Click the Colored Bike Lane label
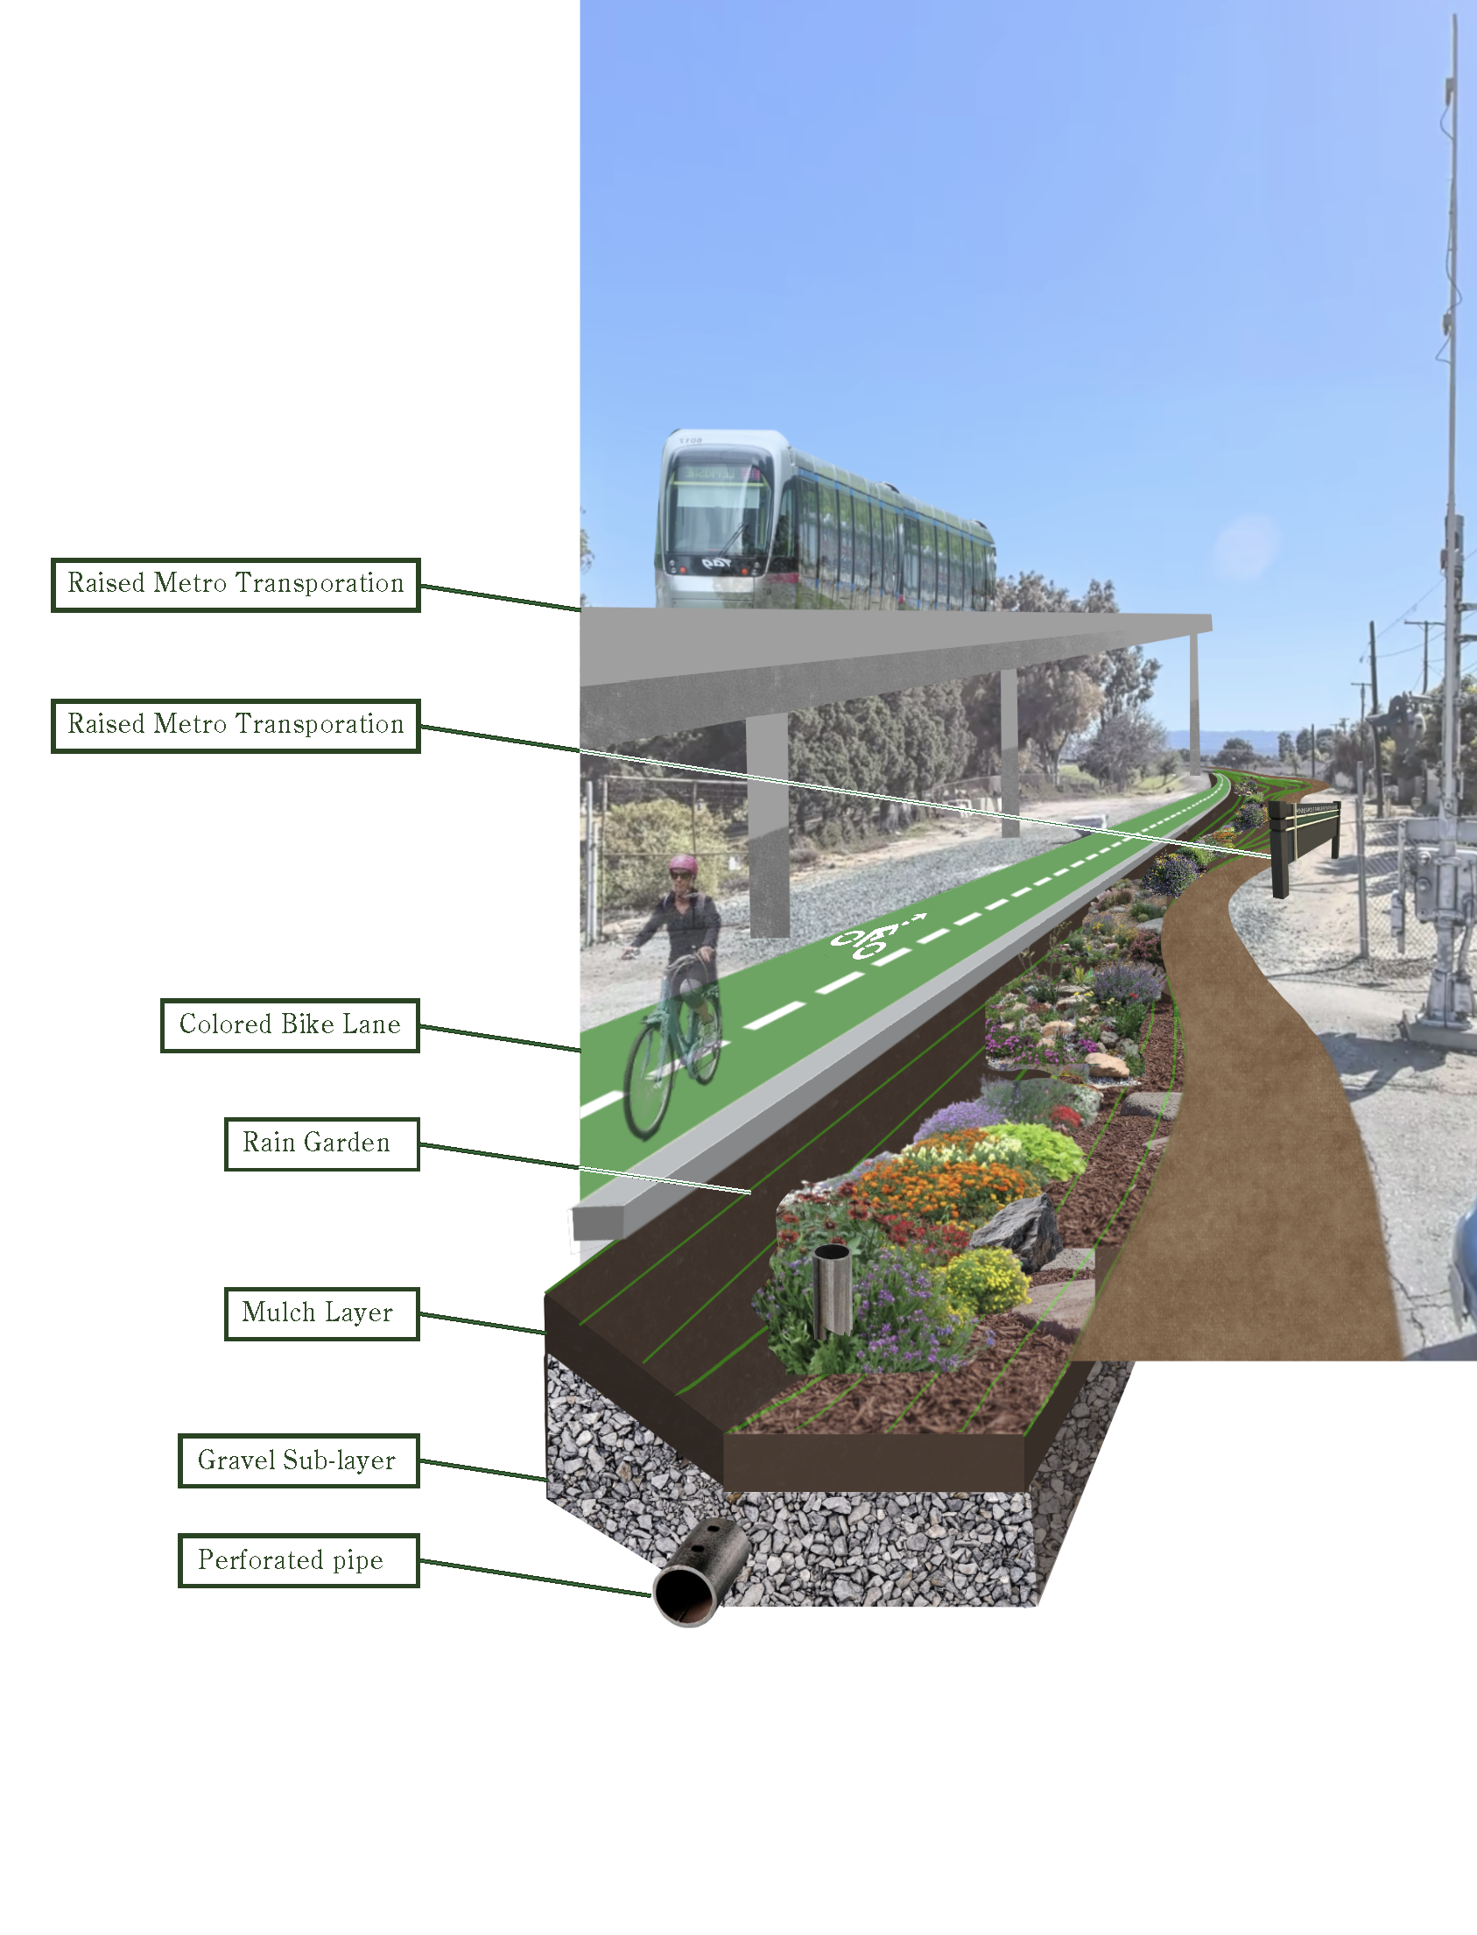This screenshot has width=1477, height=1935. click(x=289, y=1024)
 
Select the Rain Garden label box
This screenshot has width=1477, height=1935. click(x=321, y=1143)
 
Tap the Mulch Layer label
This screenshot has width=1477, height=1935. click(x=321, y=1312)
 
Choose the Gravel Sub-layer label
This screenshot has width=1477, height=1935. click(x=298, y=1460)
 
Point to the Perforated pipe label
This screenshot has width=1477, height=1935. click(x=298, y=1559)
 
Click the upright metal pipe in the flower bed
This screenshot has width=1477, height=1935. click(x=831, y=1290)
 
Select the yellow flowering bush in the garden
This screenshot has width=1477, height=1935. click(x=989, y=1279)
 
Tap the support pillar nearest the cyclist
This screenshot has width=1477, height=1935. click(x=768, y=827)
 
